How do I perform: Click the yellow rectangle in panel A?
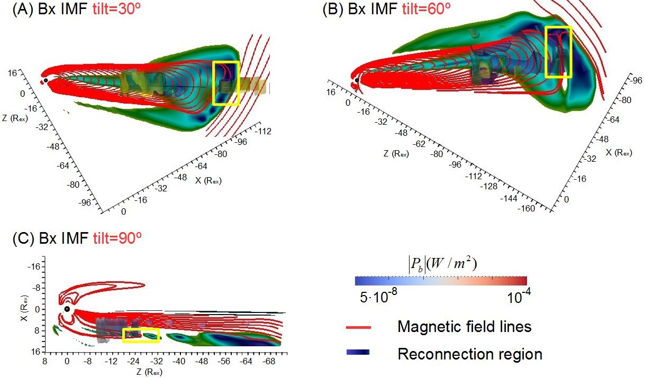point(226,83)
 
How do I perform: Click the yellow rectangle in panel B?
point(559,52)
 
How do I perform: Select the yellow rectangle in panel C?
point(141,335)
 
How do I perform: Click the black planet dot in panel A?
point(46,80)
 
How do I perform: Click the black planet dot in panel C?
point(67,309)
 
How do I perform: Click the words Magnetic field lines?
point(464,327)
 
